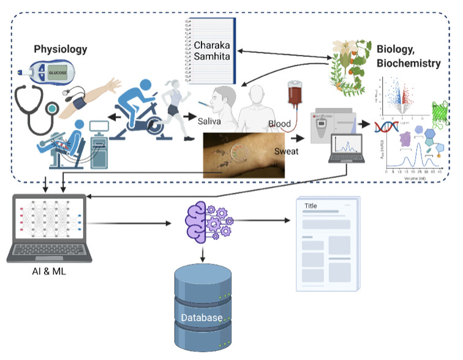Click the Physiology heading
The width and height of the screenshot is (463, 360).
(x=60, y=49)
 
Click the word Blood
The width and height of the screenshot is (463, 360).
(x=279, y=124)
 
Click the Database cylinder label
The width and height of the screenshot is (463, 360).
(x=201, y=318)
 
